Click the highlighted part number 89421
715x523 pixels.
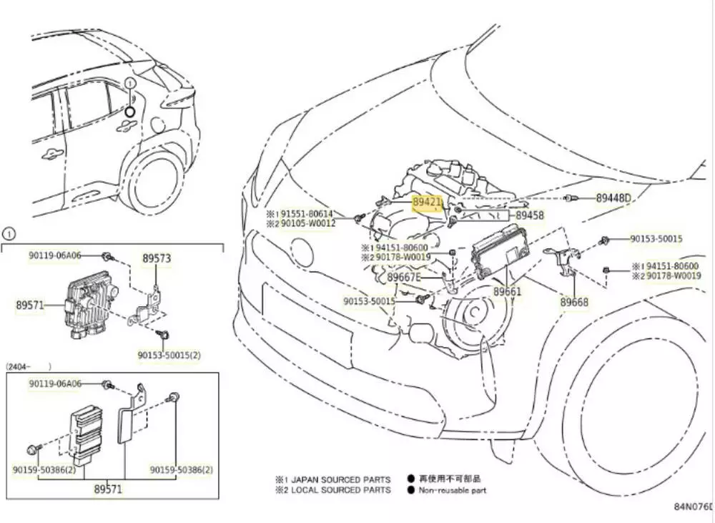tap(428, 202)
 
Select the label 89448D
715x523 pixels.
tap(614, 198)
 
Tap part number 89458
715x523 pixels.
tap(530, 215)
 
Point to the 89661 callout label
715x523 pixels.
tap(507, 292)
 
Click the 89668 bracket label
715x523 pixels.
tap(574, 303)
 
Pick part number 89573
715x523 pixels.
tap(156, 258)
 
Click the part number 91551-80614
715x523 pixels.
tap(307, 214)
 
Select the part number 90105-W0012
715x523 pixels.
tap(307, 223)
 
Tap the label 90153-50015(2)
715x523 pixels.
tap(169, 354)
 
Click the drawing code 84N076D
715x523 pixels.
tap(694, 507)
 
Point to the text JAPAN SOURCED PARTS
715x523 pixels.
tap(340, 479)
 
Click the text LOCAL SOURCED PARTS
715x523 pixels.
tap(340, 490)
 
